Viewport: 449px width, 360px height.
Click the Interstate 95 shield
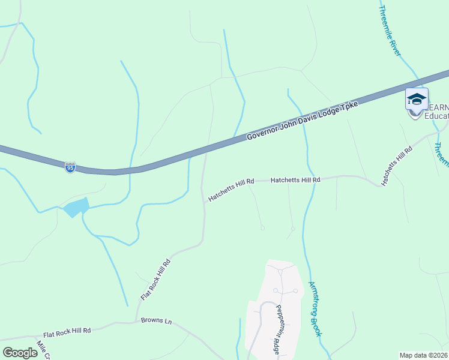point(70,167)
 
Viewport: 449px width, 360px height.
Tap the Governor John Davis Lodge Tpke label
point(303,121)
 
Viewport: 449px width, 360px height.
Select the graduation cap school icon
point(417,99)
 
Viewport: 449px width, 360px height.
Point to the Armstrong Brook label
point(315,308)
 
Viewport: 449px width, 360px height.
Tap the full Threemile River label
point(390,32)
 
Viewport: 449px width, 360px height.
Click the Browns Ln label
point(156,321)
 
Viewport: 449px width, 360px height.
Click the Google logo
point(20,353)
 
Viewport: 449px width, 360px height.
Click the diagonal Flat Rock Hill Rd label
point(156,279)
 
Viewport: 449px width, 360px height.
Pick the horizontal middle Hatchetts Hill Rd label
point(295,179)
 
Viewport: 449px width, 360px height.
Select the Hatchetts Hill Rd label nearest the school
point(397,164)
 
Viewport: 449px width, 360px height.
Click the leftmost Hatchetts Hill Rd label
point(232,189)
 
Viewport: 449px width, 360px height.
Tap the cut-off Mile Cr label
point(43,350)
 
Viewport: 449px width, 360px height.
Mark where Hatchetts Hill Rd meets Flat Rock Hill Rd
point(205,202)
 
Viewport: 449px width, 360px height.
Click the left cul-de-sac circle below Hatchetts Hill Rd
point(262,227)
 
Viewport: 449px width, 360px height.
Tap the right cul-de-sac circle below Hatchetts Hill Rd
point(293,228)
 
